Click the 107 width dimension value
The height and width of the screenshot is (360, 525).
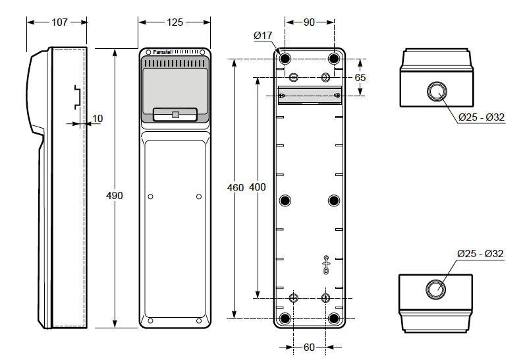pos(59,22)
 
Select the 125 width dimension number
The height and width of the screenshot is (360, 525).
pos(175,22)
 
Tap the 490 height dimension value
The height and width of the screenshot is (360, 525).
pos(115,195)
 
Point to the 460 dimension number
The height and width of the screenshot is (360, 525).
pos(235,187)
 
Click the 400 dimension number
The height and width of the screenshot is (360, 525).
pos(258,187)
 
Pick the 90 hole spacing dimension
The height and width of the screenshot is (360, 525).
pos(309,22)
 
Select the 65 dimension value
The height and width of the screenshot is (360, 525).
pos(360,77)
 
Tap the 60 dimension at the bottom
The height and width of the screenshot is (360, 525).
pos(309,347)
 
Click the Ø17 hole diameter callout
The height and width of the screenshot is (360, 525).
pos(263,35)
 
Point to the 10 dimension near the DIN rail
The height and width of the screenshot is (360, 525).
pos(97,118)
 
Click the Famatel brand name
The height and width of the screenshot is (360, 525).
pos(162,52)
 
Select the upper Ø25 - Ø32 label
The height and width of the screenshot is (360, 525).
pos(482,117)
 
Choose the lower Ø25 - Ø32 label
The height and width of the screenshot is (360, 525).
pos(480,253)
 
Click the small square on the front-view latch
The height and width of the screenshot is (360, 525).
pos(175,114)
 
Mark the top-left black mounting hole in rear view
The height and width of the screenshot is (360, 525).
pos(285,59)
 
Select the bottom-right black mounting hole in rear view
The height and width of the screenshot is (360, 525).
pos(334,318)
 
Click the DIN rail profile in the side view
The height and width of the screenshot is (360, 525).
pos(78,97)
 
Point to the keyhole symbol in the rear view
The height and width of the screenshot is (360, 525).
pos(326,265)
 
